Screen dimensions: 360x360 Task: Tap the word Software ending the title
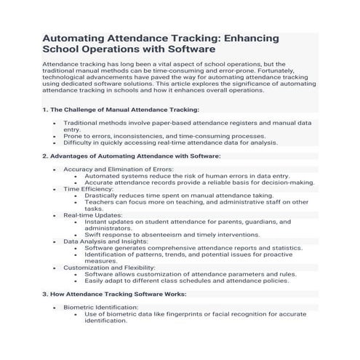click(188, 49)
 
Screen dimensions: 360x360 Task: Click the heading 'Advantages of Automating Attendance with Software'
click(135, 156)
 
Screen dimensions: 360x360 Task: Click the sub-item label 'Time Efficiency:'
click(90, 188)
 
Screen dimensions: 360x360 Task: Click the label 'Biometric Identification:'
click(101, 307)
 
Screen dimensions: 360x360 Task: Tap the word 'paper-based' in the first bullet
click(169, 123)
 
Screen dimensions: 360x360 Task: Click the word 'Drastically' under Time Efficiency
click(103, 196)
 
